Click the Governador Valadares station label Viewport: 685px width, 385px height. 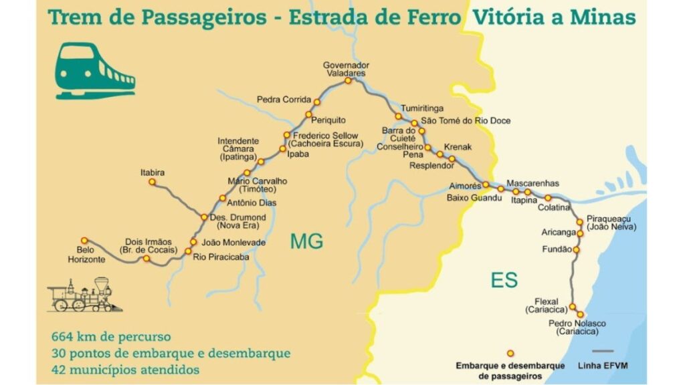(x=346, y=69)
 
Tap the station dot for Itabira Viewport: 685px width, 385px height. (x=152, y=182)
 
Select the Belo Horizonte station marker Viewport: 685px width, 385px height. (x=84, y=241)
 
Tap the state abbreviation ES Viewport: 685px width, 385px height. (x=504, y=280)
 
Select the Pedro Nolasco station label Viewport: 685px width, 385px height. (x=573, y=327)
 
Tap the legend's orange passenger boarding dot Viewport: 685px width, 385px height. (x=510, y=353)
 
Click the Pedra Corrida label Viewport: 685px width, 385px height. (x=284, y=100)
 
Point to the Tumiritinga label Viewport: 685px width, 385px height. (x=422, y=108)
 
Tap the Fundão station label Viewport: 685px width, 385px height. (x=559, y=249)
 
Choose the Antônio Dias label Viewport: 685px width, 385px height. (x=252, y=203)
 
